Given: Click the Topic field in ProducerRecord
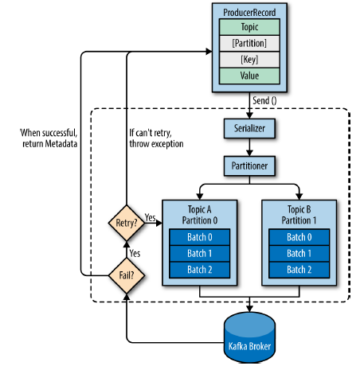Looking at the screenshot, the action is pos(249,27).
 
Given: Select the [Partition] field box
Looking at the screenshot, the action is pos(249,43).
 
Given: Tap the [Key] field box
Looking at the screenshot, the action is pos(249,60).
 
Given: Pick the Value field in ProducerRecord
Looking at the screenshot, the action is pos(249,76).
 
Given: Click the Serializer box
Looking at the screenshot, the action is pos(249,128).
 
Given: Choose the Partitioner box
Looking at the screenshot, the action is pos(249,165).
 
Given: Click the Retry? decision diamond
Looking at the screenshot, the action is pos(127,223).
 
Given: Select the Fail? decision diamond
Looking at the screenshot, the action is pos(127,275).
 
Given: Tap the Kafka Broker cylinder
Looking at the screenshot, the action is pos(249,337).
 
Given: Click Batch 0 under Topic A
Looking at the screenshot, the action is pos(200,237).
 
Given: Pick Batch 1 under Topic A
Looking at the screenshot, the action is pos(200,253).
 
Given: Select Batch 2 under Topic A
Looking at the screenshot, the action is pos(200,270).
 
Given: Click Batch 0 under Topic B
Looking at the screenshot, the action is pos(299,237).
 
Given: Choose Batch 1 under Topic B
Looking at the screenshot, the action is pos(299,253).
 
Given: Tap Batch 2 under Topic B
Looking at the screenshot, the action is pos(299,270).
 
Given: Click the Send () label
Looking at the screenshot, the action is pos(264,101).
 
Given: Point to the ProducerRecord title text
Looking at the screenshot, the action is pos(249,12).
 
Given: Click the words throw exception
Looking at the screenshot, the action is pos(156,144).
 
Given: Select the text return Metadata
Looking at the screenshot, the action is pos(49,144).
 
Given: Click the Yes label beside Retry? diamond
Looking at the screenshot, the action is pos(150,217).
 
